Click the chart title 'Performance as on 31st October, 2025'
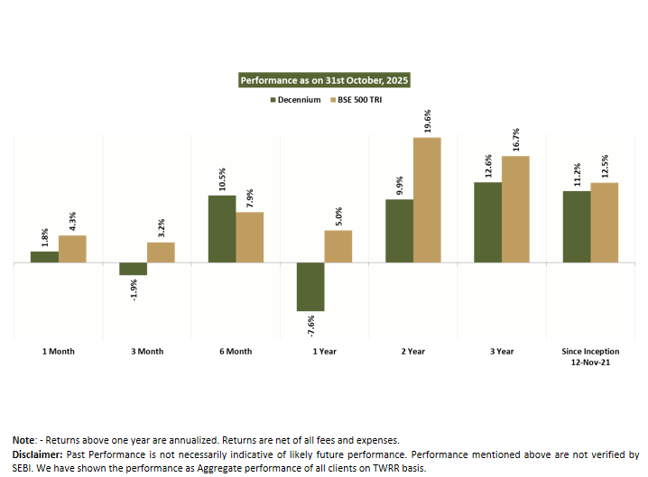pos(324,80)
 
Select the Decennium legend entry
pos(299,98)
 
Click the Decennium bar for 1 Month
pos(44,257)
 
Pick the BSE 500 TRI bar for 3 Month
pos(161,252)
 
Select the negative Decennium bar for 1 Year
pos(310,287)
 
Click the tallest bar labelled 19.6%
pos(427,199)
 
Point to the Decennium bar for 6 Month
pos(222,229)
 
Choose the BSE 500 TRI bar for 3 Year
pos(515,209)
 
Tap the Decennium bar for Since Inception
pos(577,226)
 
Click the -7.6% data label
pos(310,324)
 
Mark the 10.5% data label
pos(222,179)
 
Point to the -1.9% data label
pos(134,289)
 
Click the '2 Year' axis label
pos(412,352)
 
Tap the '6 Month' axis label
pos(236,352)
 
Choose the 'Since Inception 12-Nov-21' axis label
pos(589,356)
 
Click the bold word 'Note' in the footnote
pos(22,440)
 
